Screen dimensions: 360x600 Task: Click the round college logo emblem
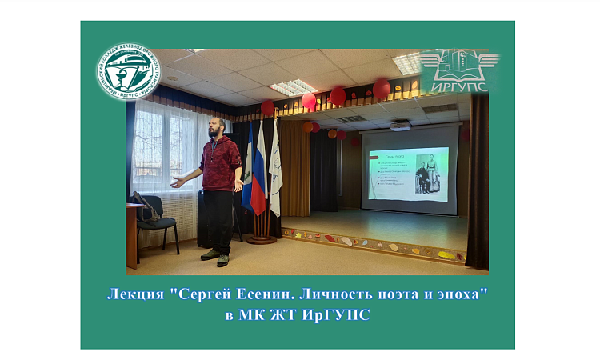point(129,71)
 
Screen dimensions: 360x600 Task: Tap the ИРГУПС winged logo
point(458,70)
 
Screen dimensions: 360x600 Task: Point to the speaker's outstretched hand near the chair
point(177,182)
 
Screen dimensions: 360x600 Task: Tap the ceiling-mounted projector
point(400,124)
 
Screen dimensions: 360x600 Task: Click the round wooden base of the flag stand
point(261,238)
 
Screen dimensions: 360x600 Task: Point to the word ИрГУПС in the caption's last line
point(339,314)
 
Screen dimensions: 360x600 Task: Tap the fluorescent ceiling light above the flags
point(294,86)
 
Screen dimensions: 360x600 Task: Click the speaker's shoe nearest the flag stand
point(223,260)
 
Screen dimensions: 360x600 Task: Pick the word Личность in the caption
point(329,294)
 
